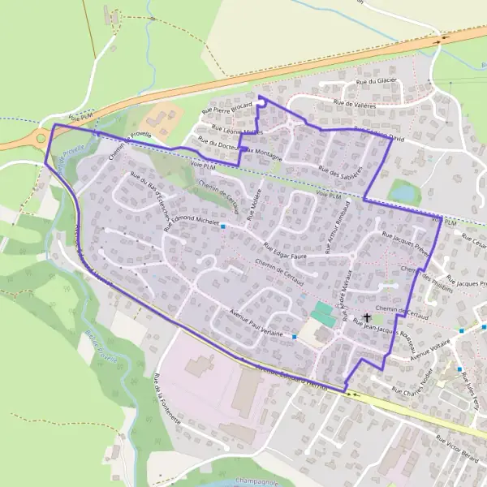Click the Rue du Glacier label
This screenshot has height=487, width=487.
tap(376, 81)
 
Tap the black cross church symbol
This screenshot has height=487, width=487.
tap(368, 317)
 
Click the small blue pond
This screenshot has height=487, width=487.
tap(403, 191)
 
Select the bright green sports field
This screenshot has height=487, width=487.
tap(323, 312)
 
